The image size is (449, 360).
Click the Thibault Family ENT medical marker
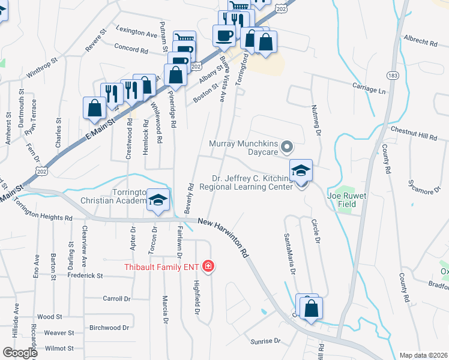[x=208, y=266]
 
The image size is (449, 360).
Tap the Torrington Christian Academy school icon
[x=158, y=200]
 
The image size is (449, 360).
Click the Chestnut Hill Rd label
[x=414, y=133]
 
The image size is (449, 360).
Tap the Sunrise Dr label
[x=266, y=341]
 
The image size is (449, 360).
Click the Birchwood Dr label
[x=109, y=328]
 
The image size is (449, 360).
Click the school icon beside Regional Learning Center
[x=301, y=170]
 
